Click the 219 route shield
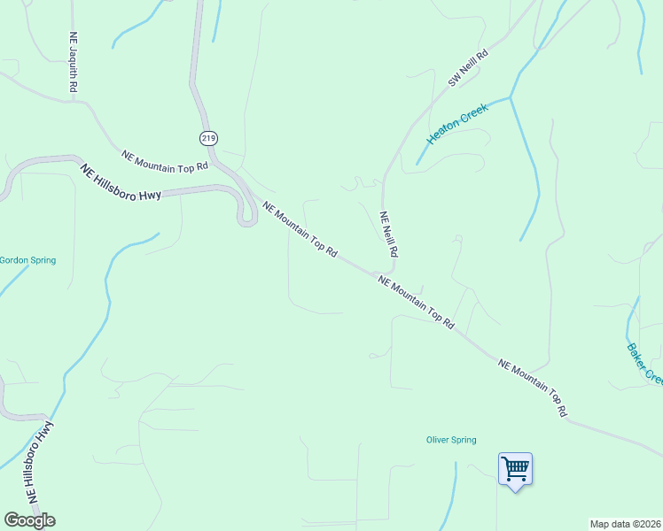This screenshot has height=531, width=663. [x=208, y=138]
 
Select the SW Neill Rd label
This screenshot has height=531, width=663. [x=468, y=68]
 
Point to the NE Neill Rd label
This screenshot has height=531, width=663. [x=387, y=234]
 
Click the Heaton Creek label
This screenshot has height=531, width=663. [x=457, y=123]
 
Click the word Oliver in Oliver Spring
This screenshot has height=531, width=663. [x=439, y=440]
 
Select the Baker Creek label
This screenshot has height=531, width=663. [x=644, y=363]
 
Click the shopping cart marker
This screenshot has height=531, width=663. [x=515, y=467]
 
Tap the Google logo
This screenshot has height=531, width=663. [x=29, y=520]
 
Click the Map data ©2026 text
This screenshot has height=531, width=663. [x=625, y=524]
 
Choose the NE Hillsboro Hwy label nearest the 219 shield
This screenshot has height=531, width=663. [x=121, y=181]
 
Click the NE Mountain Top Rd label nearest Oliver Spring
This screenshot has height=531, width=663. [x=533, y=387]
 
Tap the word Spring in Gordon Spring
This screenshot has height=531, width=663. [x=43, y=260]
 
